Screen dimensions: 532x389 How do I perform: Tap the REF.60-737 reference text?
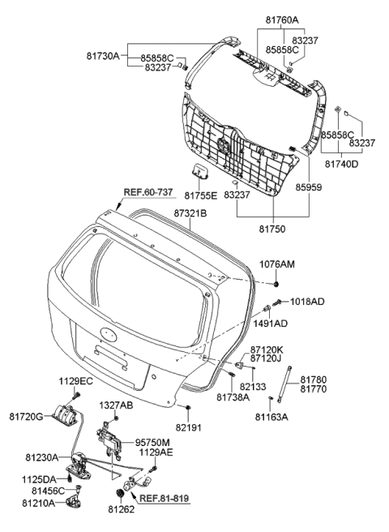point(148,192)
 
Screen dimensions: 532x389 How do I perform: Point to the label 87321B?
point(191,213)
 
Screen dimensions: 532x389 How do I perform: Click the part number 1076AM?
point(300,264)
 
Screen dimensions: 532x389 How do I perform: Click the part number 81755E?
point(202,195)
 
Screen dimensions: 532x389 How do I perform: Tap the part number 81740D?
point(340,163)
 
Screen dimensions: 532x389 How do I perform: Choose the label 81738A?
point(233,397)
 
